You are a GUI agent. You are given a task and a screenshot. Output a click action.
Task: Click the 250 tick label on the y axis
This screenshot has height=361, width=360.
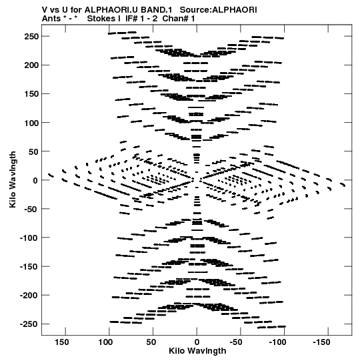point(31,37)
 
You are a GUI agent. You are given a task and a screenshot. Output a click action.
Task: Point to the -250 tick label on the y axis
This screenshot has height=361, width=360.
point(29,324)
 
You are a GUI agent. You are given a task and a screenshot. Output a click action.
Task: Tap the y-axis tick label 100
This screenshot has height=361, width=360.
point(31,123)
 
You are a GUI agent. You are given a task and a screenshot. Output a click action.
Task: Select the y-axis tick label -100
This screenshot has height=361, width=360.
point(29,238)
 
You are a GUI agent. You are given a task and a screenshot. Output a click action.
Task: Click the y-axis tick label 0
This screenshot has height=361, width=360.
point(35,180)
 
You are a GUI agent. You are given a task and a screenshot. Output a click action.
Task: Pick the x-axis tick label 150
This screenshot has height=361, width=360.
point(61,342)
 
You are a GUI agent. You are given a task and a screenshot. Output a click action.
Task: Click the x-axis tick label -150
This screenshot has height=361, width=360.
point(321,342)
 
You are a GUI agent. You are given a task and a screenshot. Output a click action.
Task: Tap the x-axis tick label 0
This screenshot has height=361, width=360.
point(197,342)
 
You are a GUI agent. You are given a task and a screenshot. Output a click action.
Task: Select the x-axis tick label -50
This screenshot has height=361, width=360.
point(236,342)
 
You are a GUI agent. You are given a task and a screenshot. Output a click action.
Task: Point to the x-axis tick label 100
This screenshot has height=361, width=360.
point(105,342)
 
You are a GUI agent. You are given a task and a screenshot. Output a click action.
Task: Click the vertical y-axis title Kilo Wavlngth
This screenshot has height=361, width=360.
point(13,179)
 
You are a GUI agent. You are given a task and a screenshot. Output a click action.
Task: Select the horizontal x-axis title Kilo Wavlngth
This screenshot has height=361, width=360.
point(197,351)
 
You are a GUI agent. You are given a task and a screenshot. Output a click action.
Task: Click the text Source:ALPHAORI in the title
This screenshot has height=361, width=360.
point(218,10)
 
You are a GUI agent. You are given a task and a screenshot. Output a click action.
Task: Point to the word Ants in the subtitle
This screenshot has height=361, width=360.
point(51,19)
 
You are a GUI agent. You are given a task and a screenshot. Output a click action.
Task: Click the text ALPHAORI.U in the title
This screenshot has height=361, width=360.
point(111,10)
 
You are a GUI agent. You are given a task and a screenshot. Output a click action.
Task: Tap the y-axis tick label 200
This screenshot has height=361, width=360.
point(31,65)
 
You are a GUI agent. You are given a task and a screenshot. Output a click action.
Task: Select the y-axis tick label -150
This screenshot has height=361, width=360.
point(29,267)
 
